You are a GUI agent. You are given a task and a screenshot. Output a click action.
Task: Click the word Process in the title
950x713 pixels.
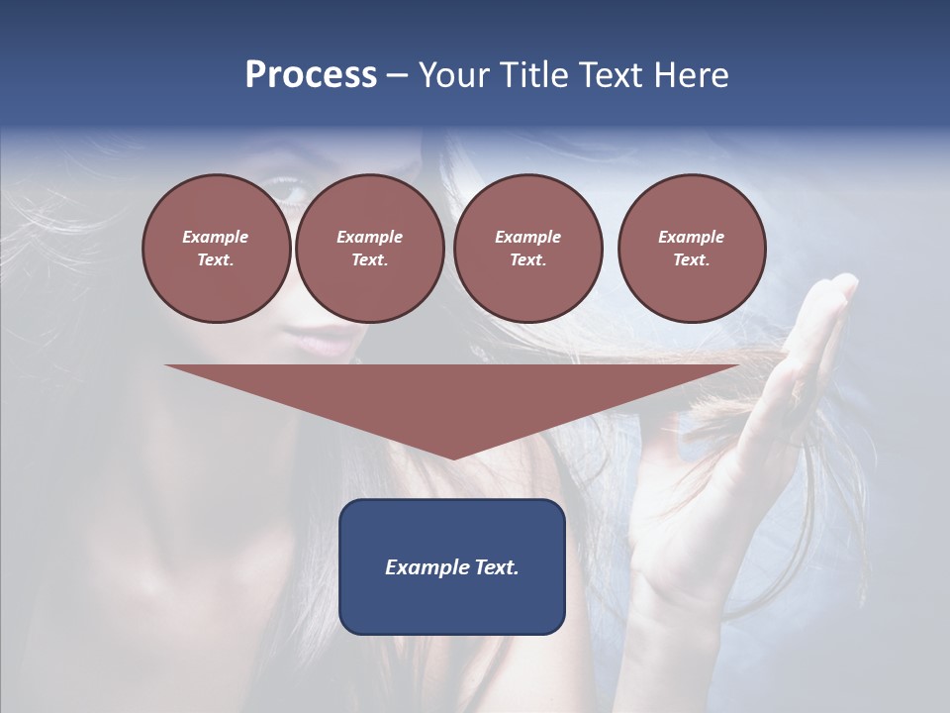click(x=311, y=75)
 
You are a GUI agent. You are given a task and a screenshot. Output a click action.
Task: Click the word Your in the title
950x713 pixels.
click(x=455, y=75)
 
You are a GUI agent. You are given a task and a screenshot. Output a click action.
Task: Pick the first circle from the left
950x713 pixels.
click(x=216, y=249)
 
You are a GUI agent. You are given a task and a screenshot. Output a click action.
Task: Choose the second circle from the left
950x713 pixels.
click(x=369, y=249)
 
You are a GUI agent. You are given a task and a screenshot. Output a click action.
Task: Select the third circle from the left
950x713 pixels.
click(x=527, y=249)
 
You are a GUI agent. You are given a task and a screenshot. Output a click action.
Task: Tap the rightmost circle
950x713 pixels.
click(x=691, y=249)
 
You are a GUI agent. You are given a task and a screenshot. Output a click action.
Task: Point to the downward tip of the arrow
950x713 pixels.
click(x=453, y=457)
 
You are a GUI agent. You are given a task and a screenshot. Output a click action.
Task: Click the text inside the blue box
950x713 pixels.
click(x=452, y=567)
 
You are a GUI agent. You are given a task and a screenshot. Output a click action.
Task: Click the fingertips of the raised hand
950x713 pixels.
click(x=841, y=287)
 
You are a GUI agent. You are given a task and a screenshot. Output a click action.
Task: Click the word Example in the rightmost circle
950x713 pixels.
click(x=691, y=237)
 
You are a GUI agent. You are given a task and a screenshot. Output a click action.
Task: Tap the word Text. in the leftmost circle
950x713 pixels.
click(x=216, y=260)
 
